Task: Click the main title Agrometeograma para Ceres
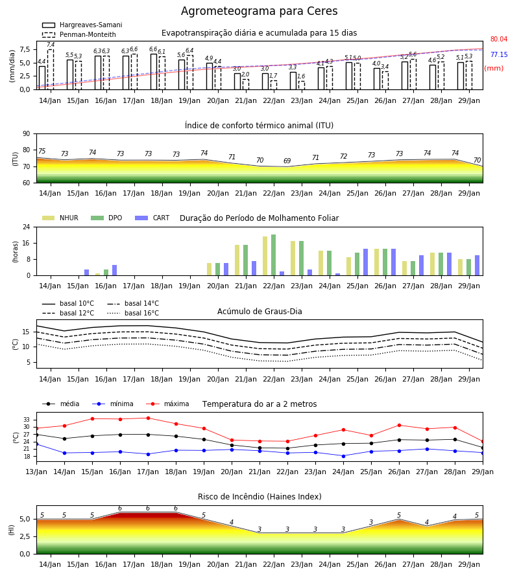click(x=259, y=11)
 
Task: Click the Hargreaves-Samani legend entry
click(x=82, y=25)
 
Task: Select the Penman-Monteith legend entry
click(x=79, y=34)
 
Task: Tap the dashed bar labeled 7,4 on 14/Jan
click(x=51, y=69)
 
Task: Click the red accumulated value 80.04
click(x=499, y=39)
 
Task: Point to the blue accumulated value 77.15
click(x=499, y=54)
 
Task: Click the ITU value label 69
click(x=287, y=161)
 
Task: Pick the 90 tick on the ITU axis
click(x=27, y=134)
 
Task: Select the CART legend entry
click(x=152, y=218)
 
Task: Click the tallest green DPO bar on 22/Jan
click(x=274, y=255)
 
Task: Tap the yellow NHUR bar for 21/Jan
click(x=237, y=260)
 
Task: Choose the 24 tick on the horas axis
click(x=27, y=227)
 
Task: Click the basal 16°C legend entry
click(x=133, y=313)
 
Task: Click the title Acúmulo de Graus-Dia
click(x=259, y=311)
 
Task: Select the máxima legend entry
click(x=167, y=404)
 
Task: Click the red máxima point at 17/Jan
click(x=148, y=418)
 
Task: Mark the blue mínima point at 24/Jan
click(x=343, y=456)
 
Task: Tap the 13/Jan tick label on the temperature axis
click(x=36, y=472)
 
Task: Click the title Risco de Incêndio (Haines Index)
click(x=259, y=497)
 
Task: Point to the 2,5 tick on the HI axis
click(x=25, y=536)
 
